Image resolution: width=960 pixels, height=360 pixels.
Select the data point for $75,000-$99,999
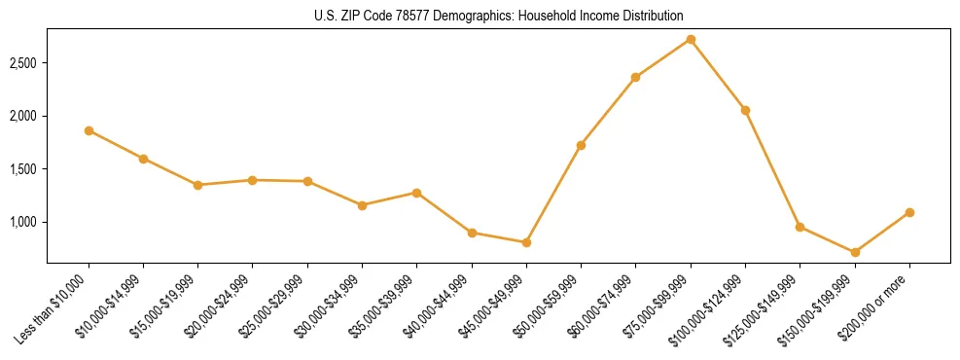(691, 39)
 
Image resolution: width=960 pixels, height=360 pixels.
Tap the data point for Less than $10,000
(89, 130)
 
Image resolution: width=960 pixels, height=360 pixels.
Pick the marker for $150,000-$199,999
(855, 252)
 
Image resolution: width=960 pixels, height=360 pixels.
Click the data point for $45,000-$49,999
(526, 242)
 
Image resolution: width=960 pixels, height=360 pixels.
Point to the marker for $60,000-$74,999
(635, 77)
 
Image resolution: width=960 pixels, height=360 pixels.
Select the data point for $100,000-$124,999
(745, 110)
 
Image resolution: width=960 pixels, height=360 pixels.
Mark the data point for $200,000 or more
(909, 212)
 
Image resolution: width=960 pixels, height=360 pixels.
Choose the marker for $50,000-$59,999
(581, 145)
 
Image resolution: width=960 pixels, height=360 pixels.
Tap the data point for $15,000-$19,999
(198, 185)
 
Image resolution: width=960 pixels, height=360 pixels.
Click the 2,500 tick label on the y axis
(23, 63)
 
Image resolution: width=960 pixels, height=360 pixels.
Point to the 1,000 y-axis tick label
(23, 222)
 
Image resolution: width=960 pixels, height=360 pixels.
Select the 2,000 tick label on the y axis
(23, 116)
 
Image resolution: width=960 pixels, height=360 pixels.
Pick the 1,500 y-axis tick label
(23, 169)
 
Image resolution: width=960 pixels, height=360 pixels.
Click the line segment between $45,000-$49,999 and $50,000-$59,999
(553, 194)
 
